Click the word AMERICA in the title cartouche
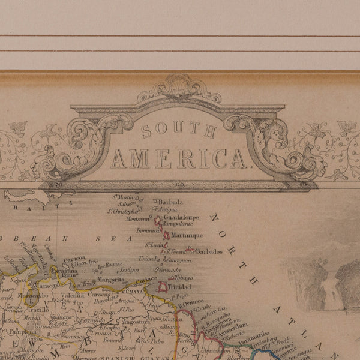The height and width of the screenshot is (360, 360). tap(178, 158)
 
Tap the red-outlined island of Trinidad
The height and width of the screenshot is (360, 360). tap(162, 287)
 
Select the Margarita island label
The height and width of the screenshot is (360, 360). tap(111, 279)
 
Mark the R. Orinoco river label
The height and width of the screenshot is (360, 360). tap(191, 302)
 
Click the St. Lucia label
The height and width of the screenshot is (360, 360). tap(155, 245)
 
